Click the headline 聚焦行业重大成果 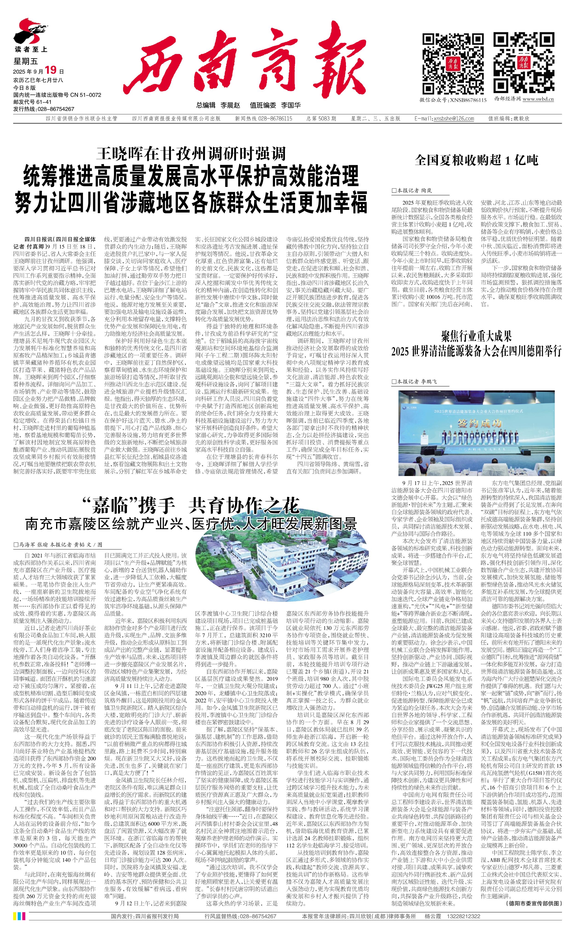click(476, 337)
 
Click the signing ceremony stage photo click(476, 433)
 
